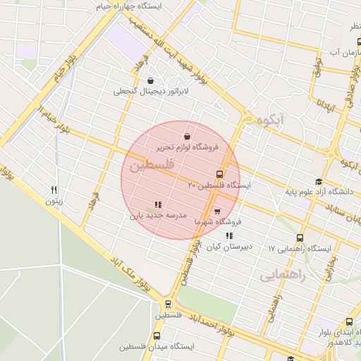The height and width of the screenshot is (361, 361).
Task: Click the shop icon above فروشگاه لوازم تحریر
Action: pyautogui.click(x=187, y=136)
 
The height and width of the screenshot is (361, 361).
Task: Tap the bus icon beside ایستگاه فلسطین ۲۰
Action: pyautogui.click(x=219, y=174)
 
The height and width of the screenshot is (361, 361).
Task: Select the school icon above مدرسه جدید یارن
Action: pyautogui.click(x=157, y=205)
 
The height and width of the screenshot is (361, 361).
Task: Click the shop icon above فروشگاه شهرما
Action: pyautogui.click(x=216, y=211)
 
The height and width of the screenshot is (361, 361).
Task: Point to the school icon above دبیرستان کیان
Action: pyautogui.click(x=228, y=236)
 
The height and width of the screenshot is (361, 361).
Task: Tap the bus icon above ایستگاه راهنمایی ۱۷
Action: pyautogui.click(x=300, y=238)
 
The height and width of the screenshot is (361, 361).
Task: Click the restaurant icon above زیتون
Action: pyautogui.click(x=54, y=190)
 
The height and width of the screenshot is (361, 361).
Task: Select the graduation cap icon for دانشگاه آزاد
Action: pyautogui.click(x=319, y=181)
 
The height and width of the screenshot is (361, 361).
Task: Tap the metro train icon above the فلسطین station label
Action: pyautogui.click(x=168, y=305)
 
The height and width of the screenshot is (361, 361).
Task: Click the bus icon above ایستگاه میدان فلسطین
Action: pyautogui.click(x=157, y=336)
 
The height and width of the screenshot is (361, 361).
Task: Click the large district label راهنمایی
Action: pyautogui.click(x=283, y=276)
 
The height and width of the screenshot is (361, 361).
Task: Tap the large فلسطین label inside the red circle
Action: pyautogui.click(x=149, y=168)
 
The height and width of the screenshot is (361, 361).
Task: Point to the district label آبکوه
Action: pyautogui.click(x=271, y=121)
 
